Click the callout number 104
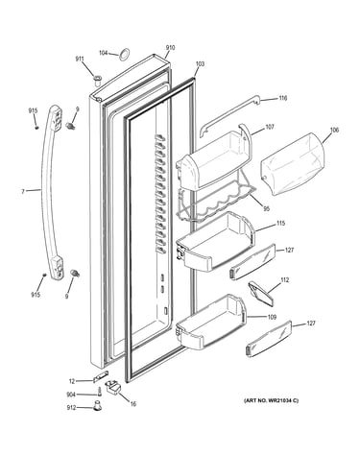[103, 53]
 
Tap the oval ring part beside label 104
[125, 55]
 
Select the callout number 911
[80, 59]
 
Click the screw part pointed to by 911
[97, 79]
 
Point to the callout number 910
[170, 48]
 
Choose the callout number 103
[200, 64]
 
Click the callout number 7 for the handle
[23, 192]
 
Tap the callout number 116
[282, 98]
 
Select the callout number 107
[270, 127]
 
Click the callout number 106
[334, 130]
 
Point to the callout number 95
[267, 208]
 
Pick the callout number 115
[280, 223]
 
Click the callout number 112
[284, 280]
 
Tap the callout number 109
[272, 317]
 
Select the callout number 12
[72, 381]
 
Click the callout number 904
[71, 395]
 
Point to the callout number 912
[71, 407]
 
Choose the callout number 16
[133, 404]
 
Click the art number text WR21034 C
[281, 400]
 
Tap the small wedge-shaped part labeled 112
[261, 292]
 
